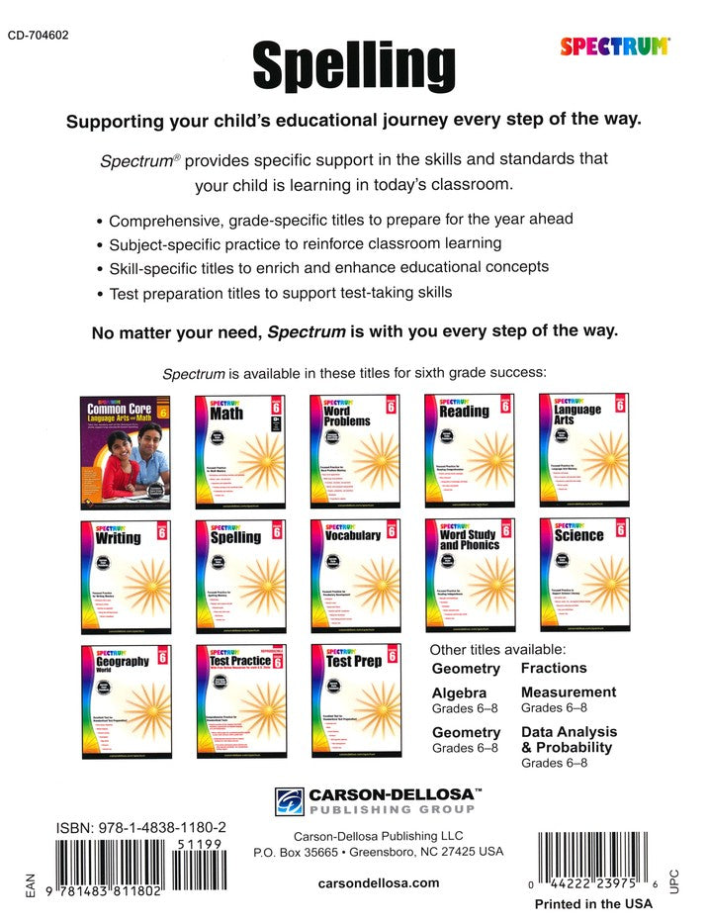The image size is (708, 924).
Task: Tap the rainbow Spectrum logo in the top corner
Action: (x=615, y=45)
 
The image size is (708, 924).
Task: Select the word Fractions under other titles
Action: (x=554, y=669)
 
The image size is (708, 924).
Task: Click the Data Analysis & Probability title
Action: (x=569, y=739)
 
